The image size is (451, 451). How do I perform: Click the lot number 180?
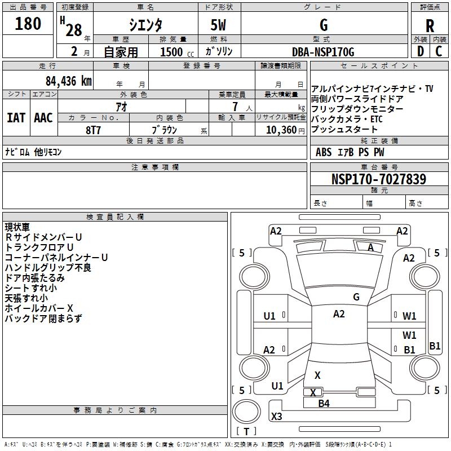pyautogui.click(x=28, y=24)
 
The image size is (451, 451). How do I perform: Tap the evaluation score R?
pyautogui.click(x=430, y=25)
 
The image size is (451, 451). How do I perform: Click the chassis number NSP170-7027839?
pyautogui.click(x=378, y=179)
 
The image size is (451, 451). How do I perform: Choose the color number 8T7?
pyautogui.click(x=94, y=130)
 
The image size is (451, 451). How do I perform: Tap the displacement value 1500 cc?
pyautogui.click(x=171, y=52)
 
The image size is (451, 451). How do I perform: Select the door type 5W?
pyautogui.click(x=218, y=25)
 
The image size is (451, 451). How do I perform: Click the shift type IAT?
pyautogui.click(x=16, y=117)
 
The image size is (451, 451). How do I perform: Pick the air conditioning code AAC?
pyautogui.click(x=43, y=117)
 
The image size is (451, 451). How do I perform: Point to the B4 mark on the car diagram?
pyautogui.click(x=324, y=403)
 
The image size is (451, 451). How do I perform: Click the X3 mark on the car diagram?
pyautogui.click(x=276, y=417)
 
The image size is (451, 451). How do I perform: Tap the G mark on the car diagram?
pyautogui.click(x=356, y=297)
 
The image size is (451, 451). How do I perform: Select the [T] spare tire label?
pyautogui.click(x=246, y=432)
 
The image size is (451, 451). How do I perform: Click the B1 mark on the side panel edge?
pyautogui.click(x=435, y=346)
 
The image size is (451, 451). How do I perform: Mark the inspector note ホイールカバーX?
pyautogui.click(x=39, y=308)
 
